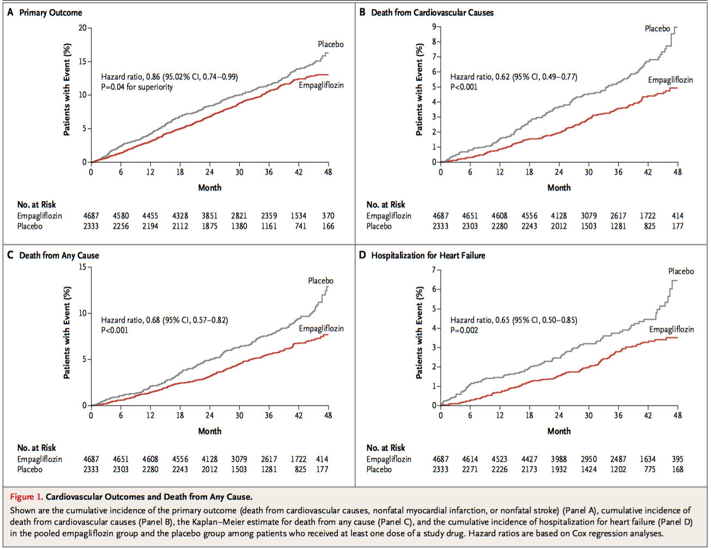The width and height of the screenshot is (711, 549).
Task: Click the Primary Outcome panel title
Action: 51,13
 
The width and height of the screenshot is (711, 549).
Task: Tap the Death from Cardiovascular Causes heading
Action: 432,13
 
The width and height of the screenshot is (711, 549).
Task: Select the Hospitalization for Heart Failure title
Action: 428,255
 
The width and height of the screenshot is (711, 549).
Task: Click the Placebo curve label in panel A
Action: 331,44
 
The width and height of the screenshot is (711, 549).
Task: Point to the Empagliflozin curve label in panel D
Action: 671,329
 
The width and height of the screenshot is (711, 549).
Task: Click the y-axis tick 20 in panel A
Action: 82,28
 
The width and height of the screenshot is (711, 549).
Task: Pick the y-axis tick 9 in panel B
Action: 434,27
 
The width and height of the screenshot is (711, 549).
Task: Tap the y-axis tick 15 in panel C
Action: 82,267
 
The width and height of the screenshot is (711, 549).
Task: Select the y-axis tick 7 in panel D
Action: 434,270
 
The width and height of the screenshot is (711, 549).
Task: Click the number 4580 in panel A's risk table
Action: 121,216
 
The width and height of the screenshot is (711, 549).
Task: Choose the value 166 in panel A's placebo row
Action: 328,226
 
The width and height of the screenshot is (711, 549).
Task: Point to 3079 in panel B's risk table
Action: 588,216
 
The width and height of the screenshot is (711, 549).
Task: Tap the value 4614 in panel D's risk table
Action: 470,459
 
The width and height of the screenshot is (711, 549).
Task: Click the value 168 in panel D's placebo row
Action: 677,469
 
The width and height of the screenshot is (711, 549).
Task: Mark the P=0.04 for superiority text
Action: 137,87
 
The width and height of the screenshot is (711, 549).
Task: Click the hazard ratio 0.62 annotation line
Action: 513,77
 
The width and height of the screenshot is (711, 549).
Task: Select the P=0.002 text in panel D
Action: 464,330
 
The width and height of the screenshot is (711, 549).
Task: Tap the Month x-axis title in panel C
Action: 210,431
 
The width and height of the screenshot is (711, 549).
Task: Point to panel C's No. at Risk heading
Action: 37,448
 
